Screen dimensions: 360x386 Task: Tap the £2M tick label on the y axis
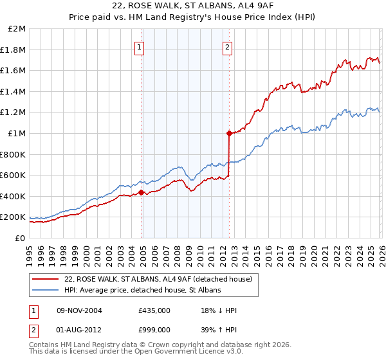click(x=17, y=29)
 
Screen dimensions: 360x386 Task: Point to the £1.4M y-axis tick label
click(x=14, y=92)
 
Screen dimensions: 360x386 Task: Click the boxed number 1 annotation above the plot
click(x=140, y=46)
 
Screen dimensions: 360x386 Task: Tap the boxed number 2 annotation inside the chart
click(x=228, y=46)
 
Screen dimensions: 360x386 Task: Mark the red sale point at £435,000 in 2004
click(x=141, y=192)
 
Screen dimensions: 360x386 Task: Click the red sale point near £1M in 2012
click(x=228, y=134)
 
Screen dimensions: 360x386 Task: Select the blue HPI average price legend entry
click(x=142, y=291)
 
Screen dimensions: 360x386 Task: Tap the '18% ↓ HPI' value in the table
click(x=219, y=310)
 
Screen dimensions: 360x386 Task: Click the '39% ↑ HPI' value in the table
click(x=219, y=330)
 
